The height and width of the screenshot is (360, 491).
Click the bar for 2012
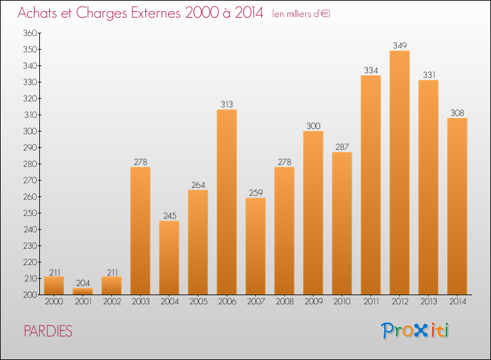399,173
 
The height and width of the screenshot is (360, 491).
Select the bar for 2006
227,202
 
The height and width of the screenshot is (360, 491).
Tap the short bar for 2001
82,291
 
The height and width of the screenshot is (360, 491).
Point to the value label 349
399,45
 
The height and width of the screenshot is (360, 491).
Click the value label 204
82,283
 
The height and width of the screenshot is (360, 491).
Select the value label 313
227,104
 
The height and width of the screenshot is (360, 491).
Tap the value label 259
255,192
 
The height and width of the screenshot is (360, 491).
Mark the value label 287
342,147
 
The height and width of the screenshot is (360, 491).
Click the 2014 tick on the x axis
457,302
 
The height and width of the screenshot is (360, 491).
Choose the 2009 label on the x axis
313,302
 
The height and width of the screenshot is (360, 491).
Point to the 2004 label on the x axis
169,302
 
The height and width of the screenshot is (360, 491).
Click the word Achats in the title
40,13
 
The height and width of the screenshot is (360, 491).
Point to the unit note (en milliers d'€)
300,14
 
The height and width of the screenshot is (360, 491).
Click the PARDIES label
48,331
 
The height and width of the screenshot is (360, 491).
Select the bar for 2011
371,185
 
